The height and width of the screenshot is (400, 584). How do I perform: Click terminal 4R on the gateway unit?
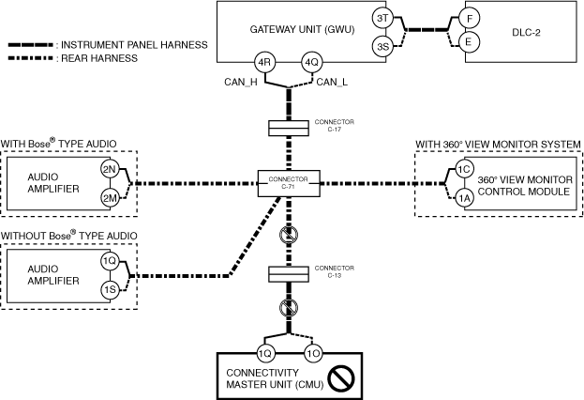pyautogui.click(x=265, y=64)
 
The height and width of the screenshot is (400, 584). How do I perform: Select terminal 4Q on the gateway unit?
pyautogui.click(x=312, y=64)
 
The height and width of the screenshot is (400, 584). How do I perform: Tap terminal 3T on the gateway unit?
pyautogui.click(x=382, y=19)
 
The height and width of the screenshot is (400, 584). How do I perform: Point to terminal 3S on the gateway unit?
pyautogui.click(x=382, y=45)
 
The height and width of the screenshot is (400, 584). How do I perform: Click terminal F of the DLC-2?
pyautogui.click(x=472, y=19)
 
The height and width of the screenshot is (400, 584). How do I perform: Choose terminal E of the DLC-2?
pyautogui.click(x=472, y=42)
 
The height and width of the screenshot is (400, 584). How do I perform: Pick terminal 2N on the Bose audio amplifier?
pyautogui.click(x=111, y=171)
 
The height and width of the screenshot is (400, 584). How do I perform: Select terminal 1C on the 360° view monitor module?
pyautogui.click(x=463, y=170)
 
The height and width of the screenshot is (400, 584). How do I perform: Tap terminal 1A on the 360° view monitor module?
pyautogui.click(x=463, y=197)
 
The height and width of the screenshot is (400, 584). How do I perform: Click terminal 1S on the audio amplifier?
pyautogui.click(x=111, y=289)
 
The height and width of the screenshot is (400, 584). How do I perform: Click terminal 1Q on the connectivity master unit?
pyautogui.click(x=264, y=355)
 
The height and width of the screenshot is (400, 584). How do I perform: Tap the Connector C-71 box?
pyautogui.click(x=289, y=182)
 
